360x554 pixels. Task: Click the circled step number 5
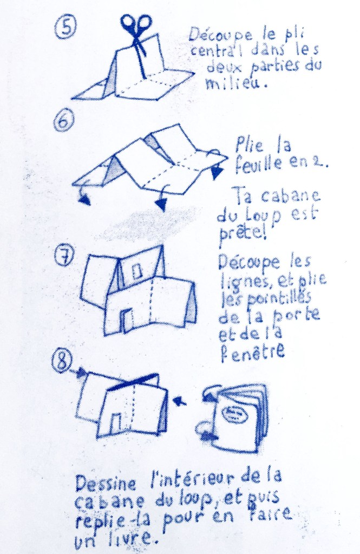(66, 27)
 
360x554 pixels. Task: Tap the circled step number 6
(64, 120)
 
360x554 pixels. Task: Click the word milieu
(235, 83)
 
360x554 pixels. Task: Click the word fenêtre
(253, 352)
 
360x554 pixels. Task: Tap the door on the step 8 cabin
(115, 422)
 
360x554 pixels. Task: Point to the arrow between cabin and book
(180, 401)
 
